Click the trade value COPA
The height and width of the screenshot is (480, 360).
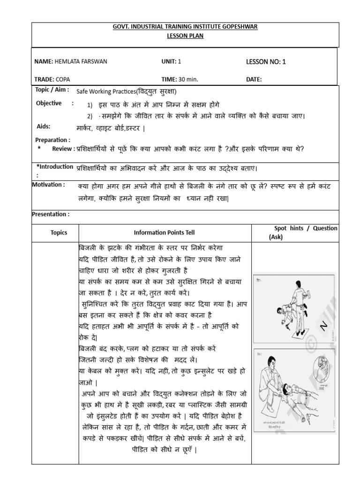63,79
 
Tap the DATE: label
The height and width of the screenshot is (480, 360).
254,79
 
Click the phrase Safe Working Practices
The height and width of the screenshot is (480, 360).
102,92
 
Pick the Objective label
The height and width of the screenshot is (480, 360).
49,103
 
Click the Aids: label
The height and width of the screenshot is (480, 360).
43,127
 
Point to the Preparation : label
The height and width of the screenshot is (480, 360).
53,139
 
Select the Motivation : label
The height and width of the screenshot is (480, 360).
49,185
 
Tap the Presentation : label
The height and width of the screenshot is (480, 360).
51,214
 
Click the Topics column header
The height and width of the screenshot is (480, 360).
59,232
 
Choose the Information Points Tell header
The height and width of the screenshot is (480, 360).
164,232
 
